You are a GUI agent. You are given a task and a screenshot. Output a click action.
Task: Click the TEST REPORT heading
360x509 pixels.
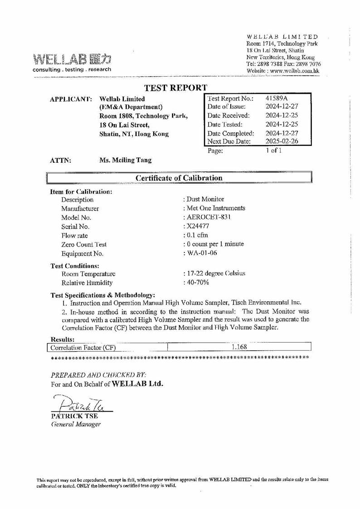coord(175,88)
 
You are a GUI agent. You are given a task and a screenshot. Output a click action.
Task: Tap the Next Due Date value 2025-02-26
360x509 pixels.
coord(282,141)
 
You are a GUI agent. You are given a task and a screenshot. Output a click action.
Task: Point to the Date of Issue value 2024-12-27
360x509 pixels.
coord(282,107)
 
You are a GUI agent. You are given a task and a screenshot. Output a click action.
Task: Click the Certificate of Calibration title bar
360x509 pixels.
coord(180,178)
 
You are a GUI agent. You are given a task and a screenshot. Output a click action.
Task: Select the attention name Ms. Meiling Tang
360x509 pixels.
coord(126,160)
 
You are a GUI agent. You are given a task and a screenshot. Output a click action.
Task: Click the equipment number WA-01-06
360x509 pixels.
coord(202,253)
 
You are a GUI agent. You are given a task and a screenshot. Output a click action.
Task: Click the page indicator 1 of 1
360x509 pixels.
coord(274,151)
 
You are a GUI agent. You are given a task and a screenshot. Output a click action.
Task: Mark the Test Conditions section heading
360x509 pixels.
coord(74,266)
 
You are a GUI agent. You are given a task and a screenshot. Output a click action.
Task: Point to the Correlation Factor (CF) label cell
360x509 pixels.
coord(83,348)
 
